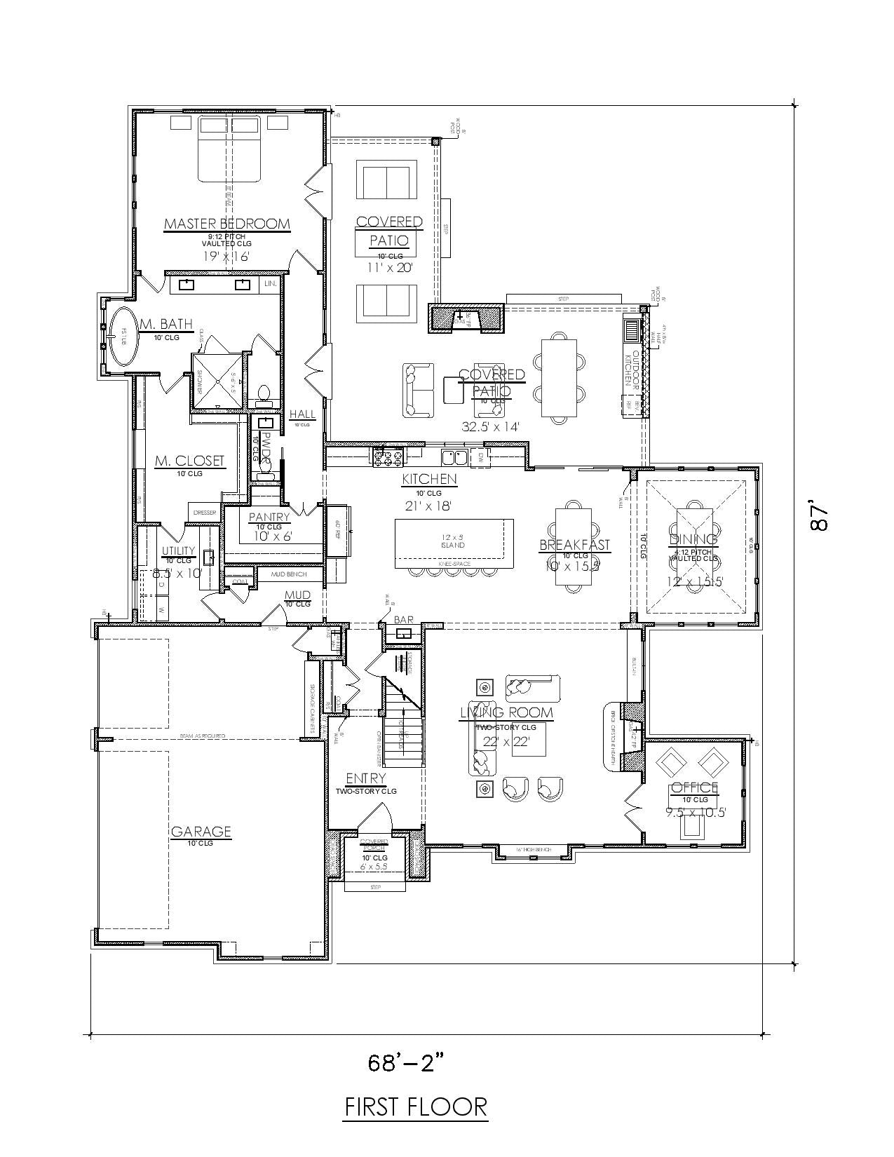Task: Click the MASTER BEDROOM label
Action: pos(226,224)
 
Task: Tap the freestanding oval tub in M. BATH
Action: pos(123,337)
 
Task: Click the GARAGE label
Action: pos(201,832)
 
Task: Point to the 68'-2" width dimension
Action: pos(407,1063)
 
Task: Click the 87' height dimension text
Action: pos(819,517)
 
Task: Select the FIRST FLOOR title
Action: pos(416,1107)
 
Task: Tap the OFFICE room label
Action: pos(694,787)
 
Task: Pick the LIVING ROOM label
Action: pos(506,713)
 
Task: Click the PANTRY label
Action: pos(269,517)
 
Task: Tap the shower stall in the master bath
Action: pos(217,380)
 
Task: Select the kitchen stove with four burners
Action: pos(388,458)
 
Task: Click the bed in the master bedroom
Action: pos(230,149)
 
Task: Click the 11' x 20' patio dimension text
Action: pos(389,267)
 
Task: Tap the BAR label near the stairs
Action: pos(404,620)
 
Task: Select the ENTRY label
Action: pos(365,778)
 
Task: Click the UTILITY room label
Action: pos(178,550)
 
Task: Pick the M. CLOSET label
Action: pos(189,461)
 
